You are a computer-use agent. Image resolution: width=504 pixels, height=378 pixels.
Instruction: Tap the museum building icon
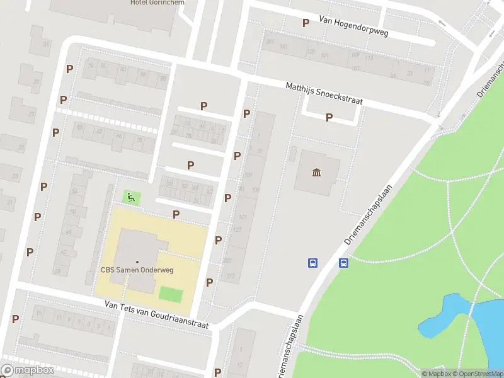pos(316,173)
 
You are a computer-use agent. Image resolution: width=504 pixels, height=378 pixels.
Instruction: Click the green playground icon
pos(131,197)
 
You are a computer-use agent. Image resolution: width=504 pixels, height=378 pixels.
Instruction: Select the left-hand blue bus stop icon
pos(312,263)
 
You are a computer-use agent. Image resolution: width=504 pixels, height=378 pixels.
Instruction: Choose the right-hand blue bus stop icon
pos(344,263)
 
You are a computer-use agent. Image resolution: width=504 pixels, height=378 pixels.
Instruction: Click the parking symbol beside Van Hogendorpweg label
pos(306,23)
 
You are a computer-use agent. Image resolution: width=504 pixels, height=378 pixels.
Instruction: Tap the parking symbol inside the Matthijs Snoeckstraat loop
pos(329,117)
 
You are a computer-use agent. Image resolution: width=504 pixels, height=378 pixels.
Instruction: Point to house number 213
pos(230,275)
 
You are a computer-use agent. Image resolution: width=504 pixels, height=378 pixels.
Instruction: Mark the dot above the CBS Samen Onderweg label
pos(137,261)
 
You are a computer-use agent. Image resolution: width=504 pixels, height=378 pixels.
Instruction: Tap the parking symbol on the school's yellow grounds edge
pos(176,214)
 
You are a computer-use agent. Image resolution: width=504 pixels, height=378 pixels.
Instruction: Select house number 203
pos(227,260)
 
